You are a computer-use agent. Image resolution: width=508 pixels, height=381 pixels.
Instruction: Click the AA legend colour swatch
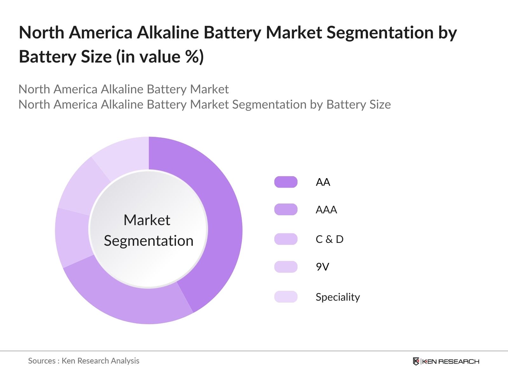286,182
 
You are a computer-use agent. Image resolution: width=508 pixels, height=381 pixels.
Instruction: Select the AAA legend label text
326,210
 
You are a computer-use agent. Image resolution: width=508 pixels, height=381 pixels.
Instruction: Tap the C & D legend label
329,239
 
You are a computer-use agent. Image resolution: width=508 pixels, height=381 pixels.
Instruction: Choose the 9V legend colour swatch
286,267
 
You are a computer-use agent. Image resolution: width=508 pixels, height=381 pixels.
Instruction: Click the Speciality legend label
338,297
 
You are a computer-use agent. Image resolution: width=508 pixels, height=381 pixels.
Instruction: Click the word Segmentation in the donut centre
149,241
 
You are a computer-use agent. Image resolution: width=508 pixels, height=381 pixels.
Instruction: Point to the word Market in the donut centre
147,220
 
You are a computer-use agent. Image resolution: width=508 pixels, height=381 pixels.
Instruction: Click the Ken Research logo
446,361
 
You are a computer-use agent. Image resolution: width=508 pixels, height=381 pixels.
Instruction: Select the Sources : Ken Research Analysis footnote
84,361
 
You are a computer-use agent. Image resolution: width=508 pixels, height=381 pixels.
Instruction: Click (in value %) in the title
160,57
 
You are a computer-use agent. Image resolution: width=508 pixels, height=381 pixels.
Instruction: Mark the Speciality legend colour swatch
286,297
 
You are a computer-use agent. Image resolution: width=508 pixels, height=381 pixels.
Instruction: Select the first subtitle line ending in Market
124,89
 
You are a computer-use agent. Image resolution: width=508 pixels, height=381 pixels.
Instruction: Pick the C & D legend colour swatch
286,239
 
